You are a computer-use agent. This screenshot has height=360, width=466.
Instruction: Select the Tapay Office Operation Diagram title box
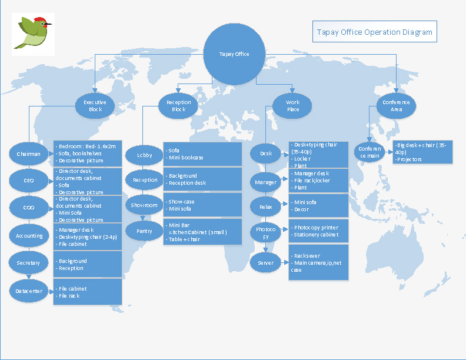(374, 32)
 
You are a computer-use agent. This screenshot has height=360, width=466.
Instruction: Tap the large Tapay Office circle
(234, 54)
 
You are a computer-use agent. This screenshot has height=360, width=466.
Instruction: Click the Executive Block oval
(95, 106)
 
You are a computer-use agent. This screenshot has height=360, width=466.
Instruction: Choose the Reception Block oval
(178, 106)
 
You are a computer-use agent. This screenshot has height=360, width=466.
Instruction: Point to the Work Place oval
(292, 106)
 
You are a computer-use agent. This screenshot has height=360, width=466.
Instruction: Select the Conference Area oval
(396, 106)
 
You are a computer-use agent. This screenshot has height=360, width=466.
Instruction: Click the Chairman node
(29, 154)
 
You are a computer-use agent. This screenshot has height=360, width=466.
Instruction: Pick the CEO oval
(29, 181)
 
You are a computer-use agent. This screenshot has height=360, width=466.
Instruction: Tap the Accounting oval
(29, 235)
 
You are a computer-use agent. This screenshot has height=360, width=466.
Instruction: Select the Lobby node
(145, 155)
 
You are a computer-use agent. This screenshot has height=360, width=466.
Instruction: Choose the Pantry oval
(145, 231)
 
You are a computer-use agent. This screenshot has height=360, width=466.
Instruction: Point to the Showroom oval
(145, 205)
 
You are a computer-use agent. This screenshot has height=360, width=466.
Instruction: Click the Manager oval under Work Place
(265, 182)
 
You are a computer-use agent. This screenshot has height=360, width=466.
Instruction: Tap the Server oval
(265, 262)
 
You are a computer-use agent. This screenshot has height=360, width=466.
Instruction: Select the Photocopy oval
(265, 232)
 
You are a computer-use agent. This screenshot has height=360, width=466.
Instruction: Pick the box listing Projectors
(423, 152)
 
